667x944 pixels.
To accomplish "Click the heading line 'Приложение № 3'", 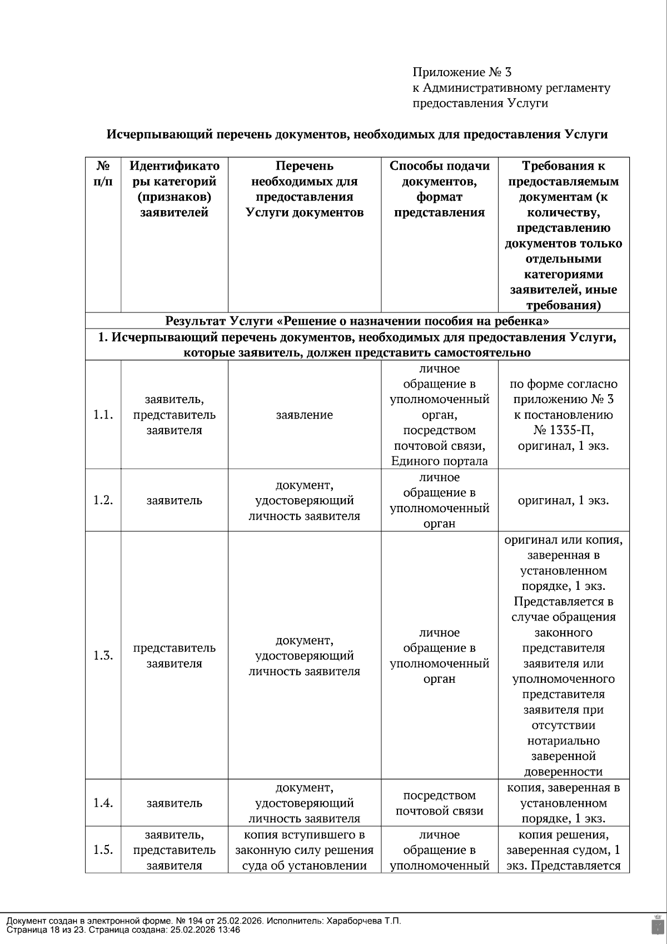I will coord(461,72).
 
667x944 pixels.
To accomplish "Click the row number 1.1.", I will coord(103,415).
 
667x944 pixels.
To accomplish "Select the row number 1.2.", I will coord(103,500).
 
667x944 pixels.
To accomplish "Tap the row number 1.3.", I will coord(103,655).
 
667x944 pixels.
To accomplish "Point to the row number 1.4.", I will coord(103,803).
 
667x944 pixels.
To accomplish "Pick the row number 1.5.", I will coord(103,850).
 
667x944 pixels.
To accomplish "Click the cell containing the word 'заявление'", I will coord(305,415).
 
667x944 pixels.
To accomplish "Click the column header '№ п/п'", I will coord(103,173).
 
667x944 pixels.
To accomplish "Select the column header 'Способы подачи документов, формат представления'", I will coord(440,189).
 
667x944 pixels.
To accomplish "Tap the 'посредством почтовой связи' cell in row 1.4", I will coord(440,803).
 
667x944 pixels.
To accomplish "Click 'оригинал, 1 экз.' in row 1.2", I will coord(564,500).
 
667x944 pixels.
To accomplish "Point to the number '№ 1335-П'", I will coord(564,430).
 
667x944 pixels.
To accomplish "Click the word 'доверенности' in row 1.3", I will coord(564,772).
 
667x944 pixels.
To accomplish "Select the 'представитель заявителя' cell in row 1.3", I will coord(174,655).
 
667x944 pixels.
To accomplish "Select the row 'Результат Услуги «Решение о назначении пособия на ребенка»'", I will coord(357,321).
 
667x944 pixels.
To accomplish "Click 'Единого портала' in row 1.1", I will coord(440,461).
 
